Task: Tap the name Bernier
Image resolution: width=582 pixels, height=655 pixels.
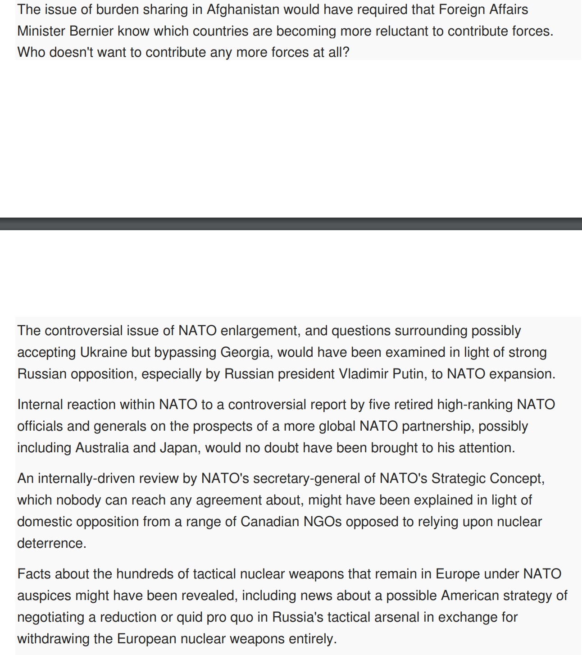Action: click(x=91, y=31)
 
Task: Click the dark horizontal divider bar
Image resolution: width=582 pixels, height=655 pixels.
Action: click(x=291, y=224)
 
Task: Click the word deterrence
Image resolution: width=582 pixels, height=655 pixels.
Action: click(x=51, y=543)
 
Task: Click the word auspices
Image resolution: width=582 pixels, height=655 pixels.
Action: click(x=44, y=596)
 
